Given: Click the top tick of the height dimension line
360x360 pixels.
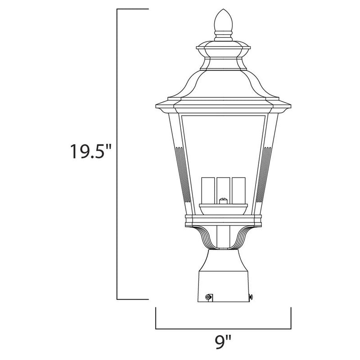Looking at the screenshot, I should (x=133, y=9).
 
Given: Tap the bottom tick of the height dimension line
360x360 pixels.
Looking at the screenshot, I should (x=133, y=299).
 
